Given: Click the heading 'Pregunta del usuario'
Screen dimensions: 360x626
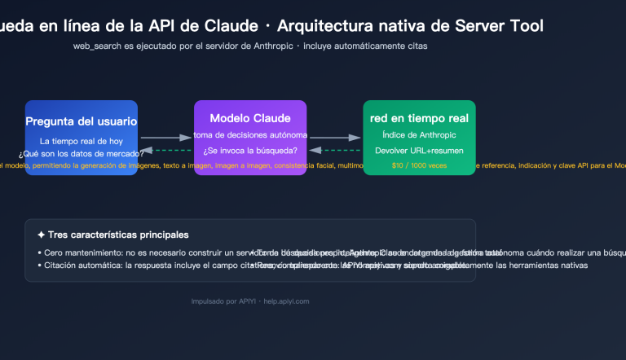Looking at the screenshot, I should click(81, 121).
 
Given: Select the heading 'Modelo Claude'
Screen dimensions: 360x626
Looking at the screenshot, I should click(250, 117).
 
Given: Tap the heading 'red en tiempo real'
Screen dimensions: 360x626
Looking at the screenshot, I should click(419, 118).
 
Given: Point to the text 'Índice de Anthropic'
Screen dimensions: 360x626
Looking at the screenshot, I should click(419, 134).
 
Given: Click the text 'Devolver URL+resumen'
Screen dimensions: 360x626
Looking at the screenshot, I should click(419, 151).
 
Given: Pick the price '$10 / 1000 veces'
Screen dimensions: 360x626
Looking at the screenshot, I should click(419, 165).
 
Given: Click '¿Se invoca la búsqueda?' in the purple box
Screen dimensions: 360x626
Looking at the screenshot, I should click(250, 151).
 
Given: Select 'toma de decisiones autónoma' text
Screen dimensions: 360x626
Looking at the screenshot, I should click(250, 134).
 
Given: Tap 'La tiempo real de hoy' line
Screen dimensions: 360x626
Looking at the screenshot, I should click(81, 141).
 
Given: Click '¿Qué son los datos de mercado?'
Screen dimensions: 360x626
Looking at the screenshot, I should click(81, 154).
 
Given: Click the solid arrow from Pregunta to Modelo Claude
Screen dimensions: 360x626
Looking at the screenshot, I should click(165, 138).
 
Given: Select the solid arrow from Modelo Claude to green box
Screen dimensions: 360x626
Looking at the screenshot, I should click(335, 138).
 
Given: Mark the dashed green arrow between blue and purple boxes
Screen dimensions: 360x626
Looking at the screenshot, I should click(165, 151).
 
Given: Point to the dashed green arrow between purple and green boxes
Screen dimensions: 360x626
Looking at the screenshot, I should click(335, 151).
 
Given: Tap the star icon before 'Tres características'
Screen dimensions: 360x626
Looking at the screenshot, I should click(42, 235).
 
